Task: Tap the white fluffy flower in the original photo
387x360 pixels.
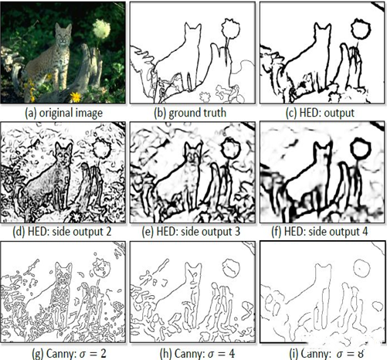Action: pyautogui.click(x=101, y=29)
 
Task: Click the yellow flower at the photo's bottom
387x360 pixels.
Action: pyautogui.click(x=76, y=97)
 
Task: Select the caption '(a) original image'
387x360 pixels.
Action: pyautogui.click(x=63, y=113)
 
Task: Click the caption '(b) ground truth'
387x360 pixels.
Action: pyautogui.click(x=190, y=113)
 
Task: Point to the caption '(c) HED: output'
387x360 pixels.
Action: pyautogui.click(x=320, y=113)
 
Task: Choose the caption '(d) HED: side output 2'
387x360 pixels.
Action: pyautogui.click(x=62, y=232)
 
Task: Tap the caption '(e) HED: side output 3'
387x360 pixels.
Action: pyautogui.click(x=191, y=232)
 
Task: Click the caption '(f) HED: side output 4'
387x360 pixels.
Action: pyautogui.click(x=320, y=232)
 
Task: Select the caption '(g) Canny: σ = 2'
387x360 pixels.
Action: pyautogui.click(x=69, y=353)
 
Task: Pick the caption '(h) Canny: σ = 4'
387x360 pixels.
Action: pyautogui.click(x=198, y=353)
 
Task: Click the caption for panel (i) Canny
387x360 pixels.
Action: pyautogui.click(x=327, y=353)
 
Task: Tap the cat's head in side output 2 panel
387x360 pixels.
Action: pyautogui.click(x=63, y=152)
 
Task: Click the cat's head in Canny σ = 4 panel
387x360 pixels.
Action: pyautogui.click(x=193, y=273)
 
